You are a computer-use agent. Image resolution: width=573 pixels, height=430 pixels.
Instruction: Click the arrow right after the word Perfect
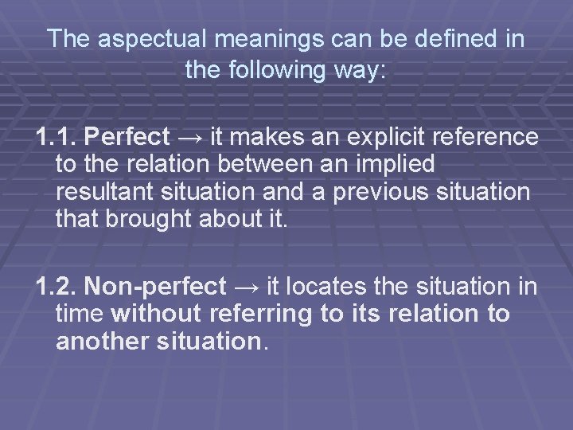[x=191, y=137]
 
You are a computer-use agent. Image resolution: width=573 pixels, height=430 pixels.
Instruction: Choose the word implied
[x=392, y=165]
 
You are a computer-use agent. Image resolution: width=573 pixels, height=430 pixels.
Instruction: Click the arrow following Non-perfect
[x=246, y=285]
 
